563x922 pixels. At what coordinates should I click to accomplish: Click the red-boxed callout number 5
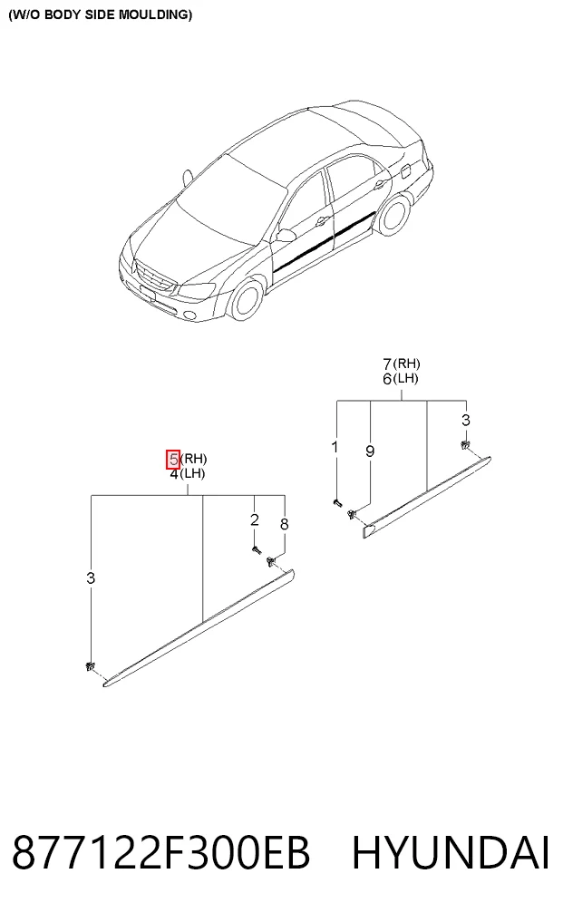pyautogui.click(x=173, y=460)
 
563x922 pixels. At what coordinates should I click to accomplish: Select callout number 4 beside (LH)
pyautogui.click(x=173, y=474)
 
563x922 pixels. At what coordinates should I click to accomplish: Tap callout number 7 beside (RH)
pyautogui.click(x=387, y=364)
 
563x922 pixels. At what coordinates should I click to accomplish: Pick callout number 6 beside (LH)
pyautogui.click(x=387, y=379)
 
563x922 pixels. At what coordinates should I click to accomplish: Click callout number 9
pyautogui.click(x=370, y=451)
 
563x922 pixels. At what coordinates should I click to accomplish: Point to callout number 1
pyautogui.click(x=335, y=448)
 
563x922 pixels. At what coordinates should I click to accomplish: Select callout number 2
pyautogui.click(x=254, y=519)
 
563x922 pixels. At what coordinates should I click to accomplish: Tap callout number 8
pyautogui.click(x=285, y=524)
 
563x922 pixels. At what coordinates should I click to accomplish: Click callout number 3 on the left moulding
pyautogui.click(x=91, y=578)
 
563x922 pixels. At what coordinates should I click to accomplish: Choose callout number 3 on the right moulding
pyautogui.click(x=466, y=421)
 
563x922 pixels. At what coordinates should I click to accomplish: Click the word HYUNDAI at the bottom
pyautogui.click(x=451, y=853)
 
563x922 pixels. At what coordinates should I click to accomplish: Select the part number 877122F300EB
pyautogui.click(x=160, y=853)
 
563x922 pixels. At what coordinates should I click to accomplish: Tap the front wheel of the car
pyautogui.click(x=244, y=298)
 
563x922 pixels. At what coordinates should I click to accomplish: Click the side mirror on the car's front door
pyautogui.click(x=286, y=235)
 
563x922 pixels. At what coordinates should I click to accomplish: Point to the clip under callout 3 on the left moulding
pyautogui.click(x=90, y=667)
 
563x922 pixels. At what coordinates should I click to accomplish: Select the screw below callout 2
pyautogui.click(x=256, y=549)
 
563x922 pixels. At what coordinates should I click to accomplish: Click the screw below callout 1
pyautogui.click(x=336, y=503)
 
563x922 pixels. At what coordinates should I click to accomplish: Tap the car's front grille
pyautogui.click(x=155, y=276)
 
